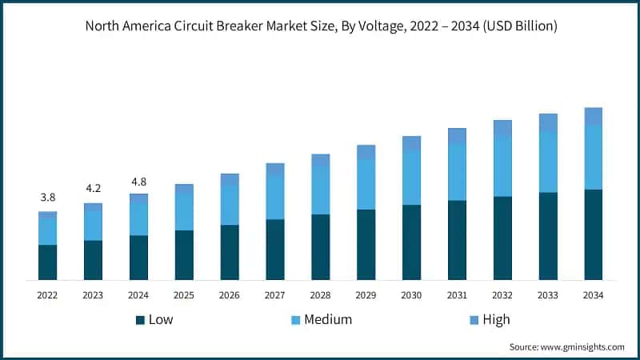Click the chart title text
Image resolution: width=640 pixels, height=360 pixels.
[x=320, y=26]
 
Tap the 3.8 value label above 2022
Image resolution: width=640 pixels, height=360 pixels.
[x=47, y=198]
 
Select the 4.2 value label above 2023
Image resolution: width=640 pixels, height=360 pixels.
[x=93, y=189]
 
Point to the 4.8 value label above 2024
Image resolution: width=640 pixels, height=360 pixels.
[x=138, y=181]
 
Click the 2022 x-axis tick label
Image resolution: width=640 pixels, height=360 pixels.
[x=47, y=295]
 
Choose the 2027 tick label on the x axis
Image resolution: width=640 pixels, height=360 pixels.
[x=275, y=295]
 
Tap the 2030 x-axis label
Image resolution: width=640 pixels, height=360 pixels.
[x=411, y=295]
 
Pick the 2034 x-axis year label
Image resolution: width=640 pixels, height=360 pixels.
[x=593, y=295]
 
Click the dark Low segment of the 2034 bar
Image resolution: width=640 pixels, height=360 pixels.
[x=593, y=234]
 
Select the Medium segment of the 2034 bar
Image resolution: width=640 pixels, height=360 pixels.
[x=593, y=157]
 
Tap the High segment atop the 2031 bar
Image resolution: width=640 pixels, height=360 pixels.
[x=457, y=136]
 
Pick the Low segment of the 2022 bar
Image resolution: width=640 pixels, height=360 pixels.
[x=47, y=262]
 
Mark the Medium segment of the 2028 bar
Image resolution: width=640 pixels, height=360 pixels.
[x=320, y=190]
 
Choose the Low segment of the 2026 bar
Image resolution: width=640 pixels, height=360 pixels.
[x=230, y=252]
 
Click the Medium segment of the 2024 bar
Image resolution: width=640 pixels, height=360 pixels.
[x=138, y=218]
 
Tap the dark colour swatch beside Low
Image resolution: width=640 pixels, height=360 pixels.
[x=140, y=320]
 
